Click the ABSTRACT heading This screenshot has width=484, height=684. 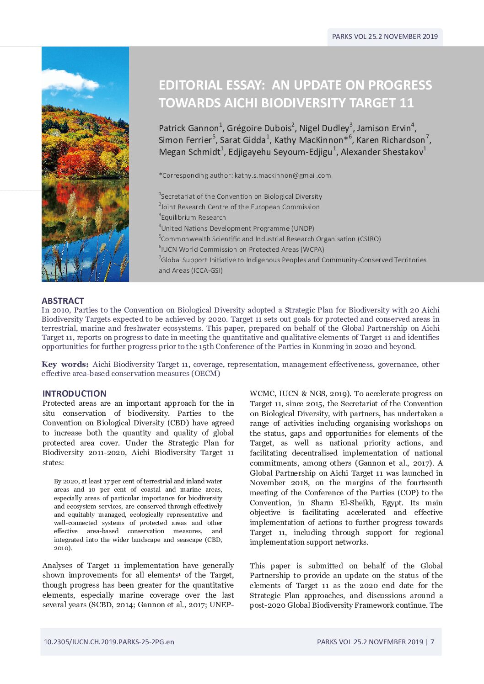(x=63, y=301)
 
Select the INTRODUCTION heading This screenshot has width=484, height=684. (x=74, y=393)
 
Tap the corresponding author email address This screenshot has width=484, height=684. (x=282, y=175)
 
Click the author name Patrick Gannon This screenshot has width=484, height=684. (x=188, y=128)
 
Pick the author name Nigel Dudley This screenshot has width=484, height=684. (x=324, y=128)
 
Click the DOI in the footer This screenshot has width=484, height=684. (x=109, y=642)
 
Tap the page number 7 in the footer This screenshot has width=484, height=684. (x=432, y=642)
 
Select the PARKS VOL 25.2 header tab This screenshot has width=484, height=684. (x=385, y=37)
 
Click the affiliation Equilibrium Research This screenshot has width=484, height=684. (x=193, y=217)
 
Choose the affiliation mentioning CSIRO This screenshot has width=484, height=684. (x=270, y=239)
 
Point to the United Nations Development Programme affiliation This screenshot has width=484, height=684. (x=237, y=228)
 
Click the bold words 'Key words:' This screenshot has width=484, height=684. (x=65, y=364)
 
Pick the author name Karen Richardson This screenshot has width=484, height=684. (x=391, y=140)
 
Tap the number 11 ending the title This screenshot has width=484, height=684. (x=406, y=103)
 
